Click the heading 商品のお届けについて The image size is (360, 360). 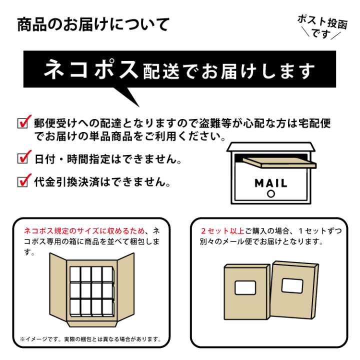tap(93, 24)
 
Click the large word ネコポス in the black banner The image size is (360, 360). tap(90, 70)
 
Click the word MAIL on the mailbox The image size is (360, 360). tap(271, 182)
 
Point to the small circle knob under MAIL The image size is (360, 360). tap(271, 193)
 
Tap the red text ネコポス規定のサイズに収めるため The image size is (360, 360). tap(84, 231)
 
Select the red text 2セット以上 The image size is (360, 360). tap(222, 231)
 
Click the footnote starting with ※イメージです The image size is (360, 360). tap(90, 339)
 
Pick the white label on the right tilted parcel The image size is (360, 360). tap(293, 285)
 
